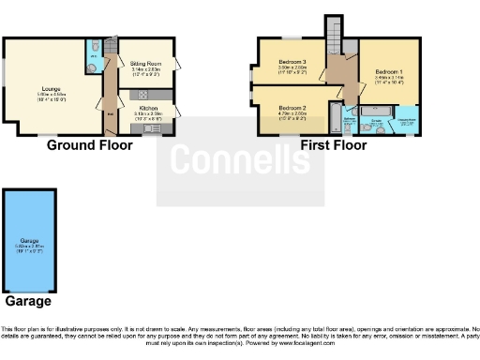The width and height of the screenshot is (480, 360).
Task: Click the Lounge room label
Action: point(52,87)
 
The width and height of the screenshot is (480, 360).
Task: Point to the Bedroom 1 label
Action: point(389,71)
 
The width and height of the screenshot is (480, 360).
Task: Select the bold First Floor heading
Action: point(333,145)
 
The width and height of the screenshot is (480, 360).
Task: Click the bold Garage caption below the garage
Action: point(28,302)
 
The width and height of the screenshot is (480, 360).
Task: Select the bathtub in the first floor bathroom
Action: point(334,117)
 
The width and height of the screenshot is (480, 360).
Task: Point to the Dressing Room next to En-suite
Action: point(406,122)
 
